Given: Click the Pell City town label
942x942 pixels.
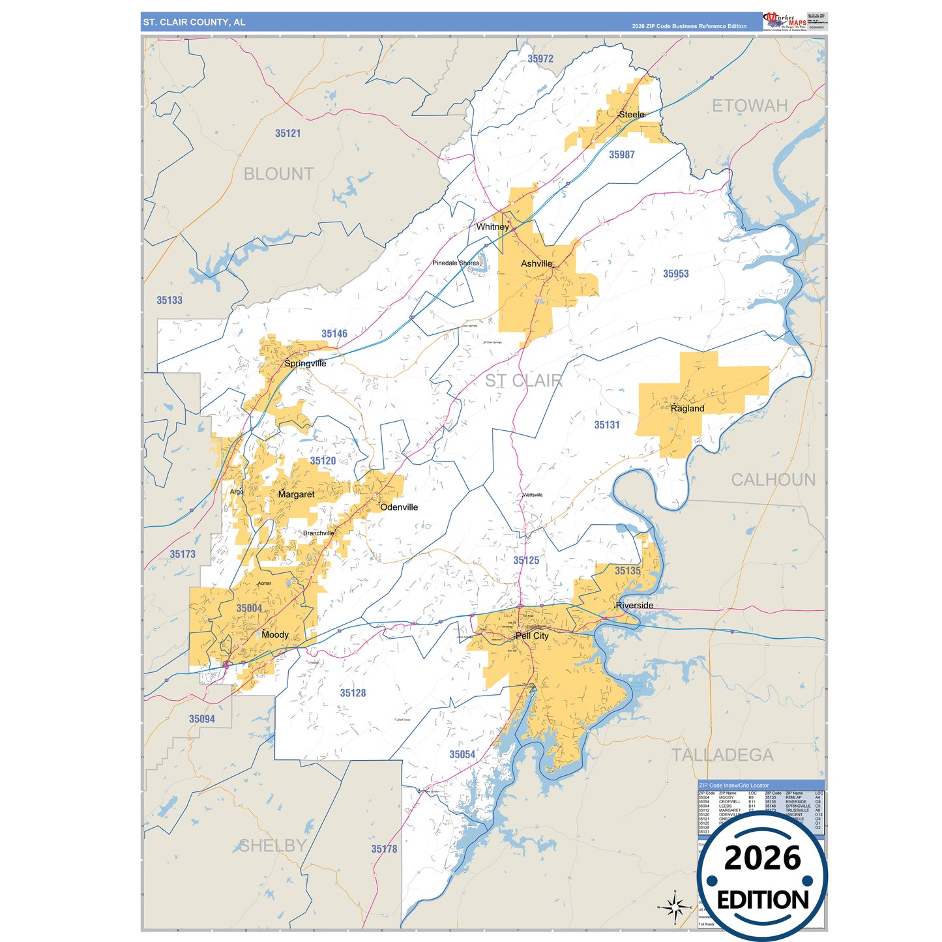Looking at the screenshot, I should pyautogui.click(x=532, y=636).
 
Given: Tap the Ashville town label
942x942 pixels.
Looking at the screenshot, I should pyautogui.click(x=537, y=263).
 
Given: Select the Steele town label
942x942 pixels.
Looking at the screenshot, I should pyautogui.click(x=631, y=114).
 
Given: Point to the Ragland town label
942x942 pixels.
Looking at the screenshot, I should pyautogui.click(x=687, y=408).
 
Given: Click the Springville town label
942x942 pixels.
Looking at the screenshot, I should pyautogui.click(x=305, y=363).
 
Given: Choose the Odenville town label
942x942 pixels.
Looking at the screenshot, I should pyautogui.click(x=399, y=507).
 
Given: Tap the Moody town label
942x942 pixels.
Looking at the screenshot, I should pyautogui.click(x=274, y=634).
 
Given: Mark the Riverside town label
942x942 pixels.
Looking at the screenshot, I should pyautogui.click(x=634, y=605).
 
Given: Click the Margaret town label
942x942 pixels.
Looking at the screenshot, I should pyautogui.click(x=296, y=494).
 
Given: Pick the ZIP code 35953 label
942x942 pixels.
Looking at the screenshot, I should pyautogui.click(x=675, y=274).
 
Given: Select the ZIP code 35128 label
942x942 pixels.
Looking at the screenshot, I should pyautogui.click(x=353, y=693).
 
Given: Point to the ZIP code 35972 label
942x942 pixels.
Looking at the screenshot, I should pyautogui.click(x=540, y=59).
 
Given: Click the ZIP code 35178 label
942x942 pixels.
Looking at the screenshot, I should pyautogui.click(x=384, y=849).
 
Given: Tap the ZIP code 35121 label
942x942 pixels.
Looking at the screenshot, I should pyautogui.click(x=287, y=133).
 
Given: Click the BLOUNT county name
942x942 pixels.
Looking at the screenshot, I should pyautogui.click(x=278, y=174).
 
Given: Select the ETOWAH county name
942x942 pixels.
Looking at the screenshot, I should pyautogui.click(x=750, y=106).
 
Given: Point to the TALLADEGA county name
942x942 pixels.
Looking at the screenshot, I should pyautogui.click(x=722, y=755).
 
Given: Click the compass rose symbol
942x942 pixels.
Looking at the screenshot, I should pyautogui.click(x=675, y=907).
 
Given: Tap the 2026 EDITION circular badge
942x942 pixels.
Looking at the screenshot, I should pyautogui.click(x=762, y=877).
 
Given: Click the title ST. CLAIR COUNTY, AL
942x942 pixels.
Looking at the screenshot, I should pyautogui.click(x=194, y=22).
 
